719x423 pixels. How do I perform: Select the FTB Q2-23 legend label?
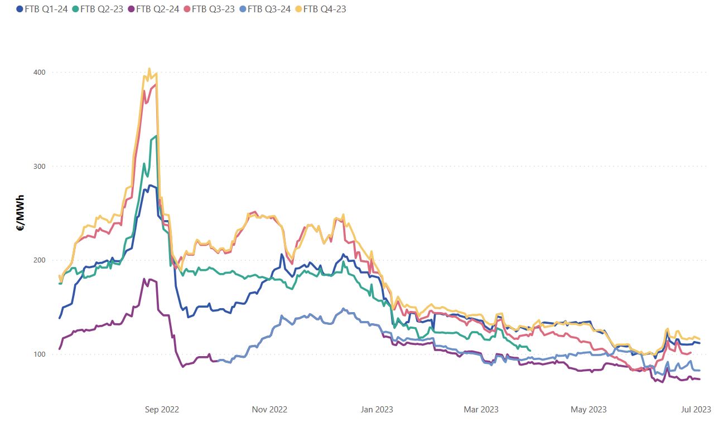click(102, 9)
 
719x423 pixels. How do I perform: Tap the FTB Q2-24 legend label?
click(158, 9)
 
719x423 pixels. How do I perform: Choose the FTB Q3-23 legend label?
click(213, 9)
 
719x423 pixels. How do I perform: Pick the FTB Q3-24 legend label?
click(269, 9)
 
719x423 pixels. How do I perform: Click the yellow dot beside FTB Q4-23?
click(298, 9)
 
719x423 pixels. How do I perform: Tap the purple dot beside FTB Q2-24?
click(132, 9)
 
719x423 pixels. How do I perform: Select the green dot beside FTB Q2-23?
click(76, 9)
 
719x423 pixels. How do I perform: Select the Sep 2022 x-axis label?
click(162, 410)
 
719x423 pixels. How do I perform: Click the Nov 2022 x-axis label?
click(269, 410)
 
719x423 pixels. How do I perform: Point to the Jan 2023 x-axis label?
click(377, 410)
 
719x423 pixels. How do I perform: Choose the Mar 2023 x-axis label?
click(481, 410)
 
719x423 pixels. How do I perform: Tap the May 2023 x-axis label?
click(588, 410)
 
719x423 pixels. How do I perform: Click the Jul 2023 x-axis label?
click(694, 410)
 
